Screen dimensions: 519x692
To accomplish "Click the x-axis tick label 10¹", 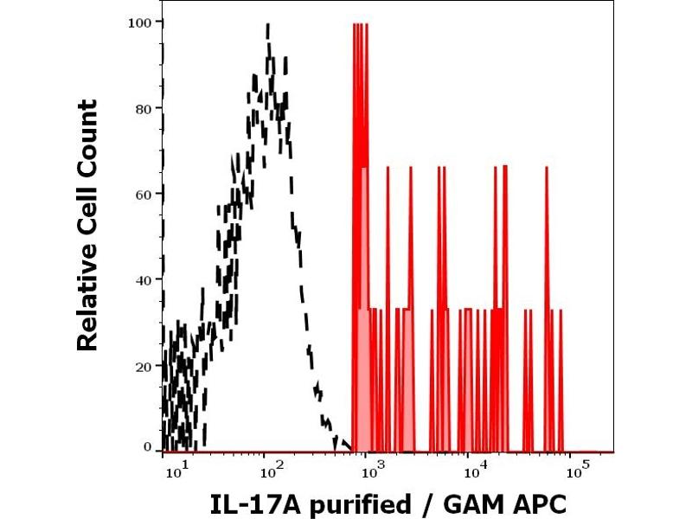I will pos(175,471).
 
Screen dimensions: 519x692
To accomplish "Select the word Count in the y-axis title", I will pos(86,138).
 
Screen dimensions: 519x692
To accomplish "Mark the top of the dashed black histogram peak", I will pos(269,26).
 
